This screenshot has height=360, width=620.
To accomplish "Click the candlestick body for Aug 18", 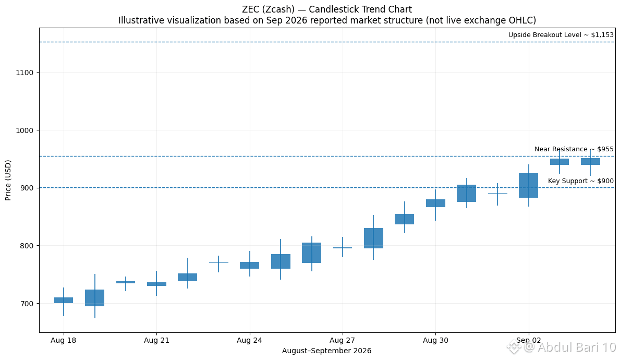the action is (64, 301).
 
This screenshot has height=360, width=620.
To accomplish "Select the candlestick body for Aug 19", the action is (94, 298).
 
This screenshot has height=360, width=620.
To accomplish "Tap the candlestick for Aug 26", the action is (312, 253).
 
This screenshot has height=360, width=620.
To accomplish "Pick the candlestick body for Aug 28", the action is (374, 238).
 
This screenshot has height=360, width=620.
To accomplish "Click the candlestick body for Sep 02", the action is (529, 186).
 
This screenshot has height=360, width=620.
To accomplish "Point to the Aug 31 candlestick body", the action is (467, 194).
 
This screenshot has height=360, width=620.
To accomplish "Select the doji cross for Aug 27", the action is (343, 248).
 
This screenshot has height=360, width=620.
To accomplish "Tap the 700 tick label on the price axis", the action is (27, 304).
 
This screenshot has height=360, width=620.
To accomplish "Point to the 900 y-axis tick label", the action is (27, 188).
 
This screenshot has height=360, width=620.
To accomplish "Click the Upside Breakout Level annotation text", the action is (561, 35).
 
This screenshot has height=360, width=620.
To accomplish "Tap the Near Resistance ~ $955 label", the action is (574, 149).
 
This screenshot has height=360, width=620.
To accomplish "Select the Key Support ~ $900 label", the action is (581, 181).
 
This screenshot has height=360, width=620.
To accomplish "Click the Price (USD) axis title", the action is (8, 181).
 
